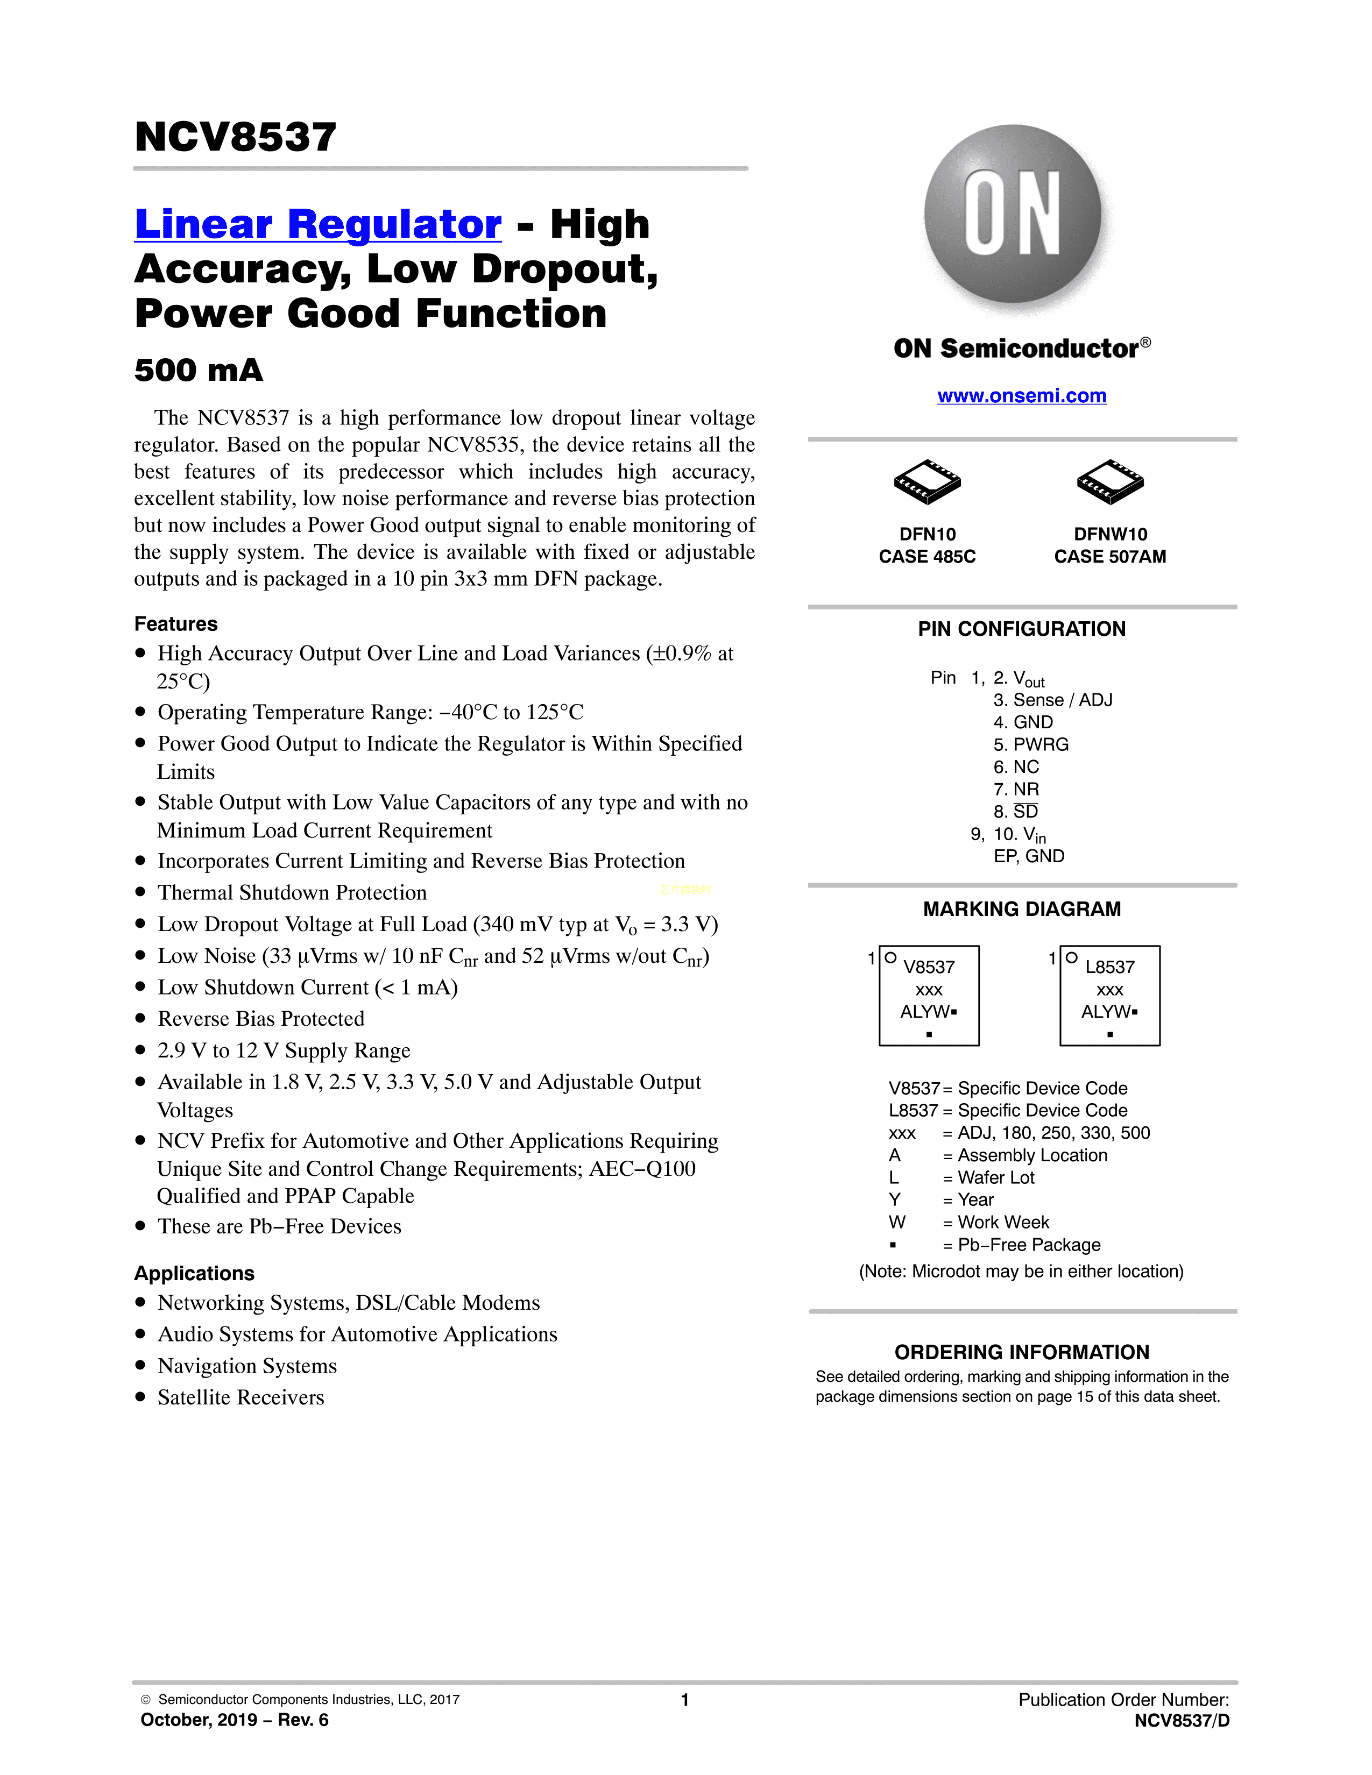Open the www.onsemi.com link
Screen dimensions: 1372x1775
tap(1022, 396)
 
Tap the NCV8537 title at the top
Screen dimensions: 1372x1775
tap(236, 137)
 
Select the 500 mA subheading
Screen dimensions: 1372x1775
tap(199, 370)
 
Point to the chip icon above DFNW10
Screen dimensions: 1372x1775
tap(1111, 483)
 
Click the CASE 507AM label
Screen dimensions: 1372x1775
tap(1111, 557)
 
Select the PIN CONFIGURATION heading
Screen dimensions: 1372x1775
tap(1022, 629)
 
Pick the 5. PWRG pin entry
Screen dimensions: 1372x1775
tap(1031, 744)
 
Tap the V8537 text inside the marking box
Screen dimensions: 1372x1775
tap(930, 967)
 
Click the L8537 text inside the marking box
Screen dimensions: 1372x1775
tap(1111, 967)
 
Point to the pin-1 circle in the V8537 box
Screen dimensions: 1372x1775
tap(891, 958)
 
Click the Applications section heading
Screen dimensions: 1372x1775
tap(194, 1274)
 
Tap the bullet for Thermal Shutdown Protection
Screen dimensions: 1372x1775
tap(140, 892)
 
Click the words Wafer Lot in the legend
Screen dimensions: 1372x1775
tap(996, 1177)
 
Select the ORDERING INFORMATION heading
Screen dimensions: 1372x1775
tap(1022, 1352)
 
